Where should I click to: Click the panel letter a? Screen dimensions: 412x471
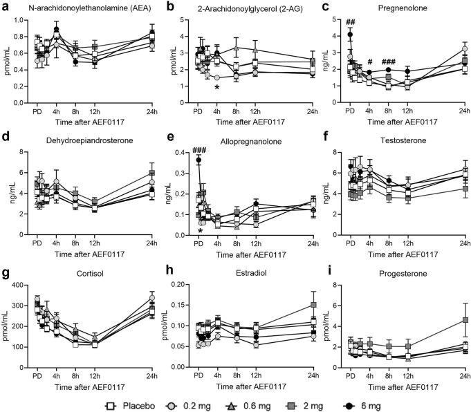(4, 6)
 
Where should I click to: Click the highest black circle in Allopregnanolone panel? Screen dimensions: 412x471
(200, 160)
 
